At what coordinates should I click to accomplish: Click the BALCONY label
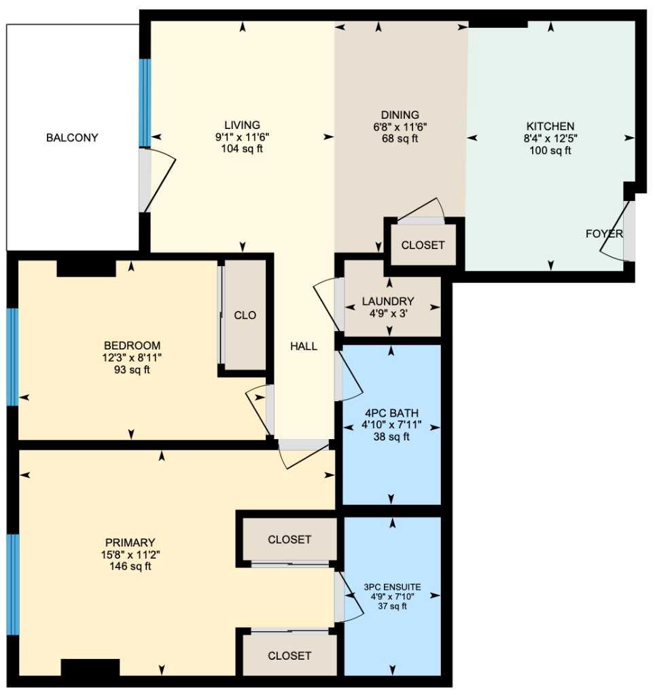[72, 138]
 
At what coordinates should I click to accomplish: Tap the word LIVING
[242, 125]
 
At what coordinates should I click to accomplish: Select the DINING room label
[400, 115]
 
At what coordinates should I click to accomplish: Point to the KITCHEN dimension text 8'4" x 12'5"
[550, 138]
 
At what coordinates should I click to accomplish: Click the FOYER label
[603, 234]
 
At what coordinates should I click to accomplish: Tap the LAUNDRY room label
[388, 301]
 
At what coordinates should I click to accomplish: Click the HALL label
[304, 346]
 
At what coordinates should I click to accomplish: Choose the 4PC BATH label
[391, 413]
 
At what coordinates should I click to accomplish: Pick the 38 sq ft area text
[391, 437]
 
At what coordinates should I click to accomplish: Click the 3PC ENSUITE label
[392, 587]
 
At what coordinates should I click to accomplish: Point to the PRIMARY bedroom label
[130, 542]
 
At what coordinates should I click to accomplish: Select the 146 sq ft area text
[130, 566]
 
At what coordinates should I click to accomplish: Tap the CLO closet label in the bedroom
[245, 316]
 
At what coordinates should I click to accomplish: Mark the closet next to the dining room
[423, 245]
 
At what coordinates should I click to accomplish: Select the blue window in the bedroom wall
[12, 356]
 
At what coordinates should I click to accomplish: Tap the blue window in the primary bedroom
[12, 584]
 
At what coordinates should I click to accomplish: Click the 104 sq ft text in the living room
[242, 149]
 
